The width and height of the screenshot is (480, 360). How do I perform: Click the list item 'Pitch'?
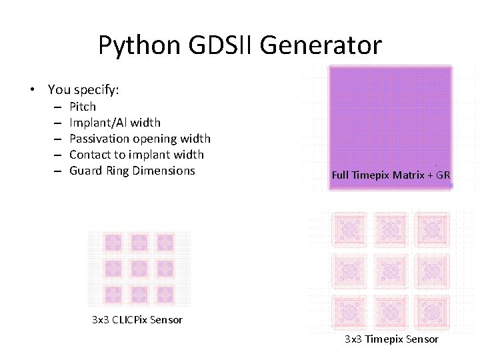point(83,107)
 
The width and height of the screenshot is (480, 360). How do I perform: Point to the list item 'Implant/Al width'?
point(115,123)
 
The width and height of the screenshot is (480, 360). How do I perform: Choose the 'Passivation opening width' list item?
point(140,139)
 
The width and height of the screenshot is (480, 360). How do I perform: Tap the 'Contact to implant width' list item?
point(137,155)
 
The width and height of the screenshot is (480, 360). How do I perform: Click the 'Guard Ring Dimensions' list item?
point(132,171)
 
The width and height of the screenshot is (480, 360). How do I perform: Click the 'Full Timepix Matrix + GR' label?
point(391,176)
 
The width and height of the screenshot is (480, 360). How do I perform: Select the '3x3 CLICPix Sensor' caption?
point(137,319)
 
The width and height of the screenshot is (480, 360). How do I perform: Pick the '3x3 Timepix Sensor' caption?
point(391,339)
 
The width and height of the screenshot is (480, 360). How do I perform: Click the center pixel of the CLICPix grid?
point(139,269)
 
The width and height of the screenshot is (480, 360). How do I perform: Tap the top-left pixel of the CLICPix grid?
point(113,243)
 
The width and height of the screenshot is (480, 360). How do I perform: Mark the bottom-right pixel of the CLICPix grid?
point(165,295)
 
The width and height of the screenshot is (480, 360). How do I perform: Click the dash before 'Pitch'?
point(58,107)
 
